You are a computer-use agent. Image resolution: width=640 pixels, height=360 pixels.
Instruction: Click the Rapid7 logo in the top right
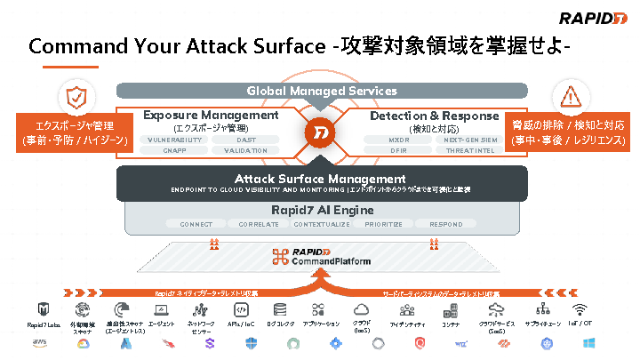click(590, 18)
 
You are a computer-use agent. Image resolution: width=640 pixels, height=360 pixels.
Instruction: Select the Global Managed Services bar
click(321, 91)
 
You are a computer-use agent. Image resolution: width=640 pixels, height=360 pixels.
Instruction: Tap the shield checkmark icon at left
click(74, 97)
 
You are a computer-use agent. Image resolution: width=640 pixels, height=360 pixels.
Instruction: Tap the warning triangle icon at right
click(566, 97)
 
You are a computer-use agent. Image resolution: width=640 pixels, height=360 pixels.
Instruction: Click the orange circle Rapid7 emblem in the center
click(321, 133)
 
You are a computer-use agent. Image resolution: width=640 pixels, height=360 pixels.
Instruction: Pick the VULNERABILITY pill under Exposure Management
click(173, 140)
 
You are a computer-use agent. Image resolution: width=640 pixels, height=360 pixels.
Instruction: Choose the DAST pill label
click(246, 140)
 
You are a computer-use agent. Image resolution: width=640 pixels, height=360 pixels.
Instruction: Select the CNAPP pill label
click(173, 151)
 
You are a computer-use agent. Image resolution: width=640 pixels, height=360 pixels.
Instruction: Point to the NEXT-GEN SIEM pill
click(468, 140)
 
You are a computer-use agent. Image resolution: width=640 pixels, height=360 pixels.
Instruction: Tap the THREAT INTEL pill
click(468, 151)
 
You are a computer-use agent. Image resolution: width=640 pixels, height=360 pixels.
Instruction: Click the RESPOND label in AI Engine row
click(445, 224)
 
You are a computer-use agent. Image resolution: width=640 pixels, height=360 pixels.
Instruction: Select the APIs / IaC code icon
click(240, 310)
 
